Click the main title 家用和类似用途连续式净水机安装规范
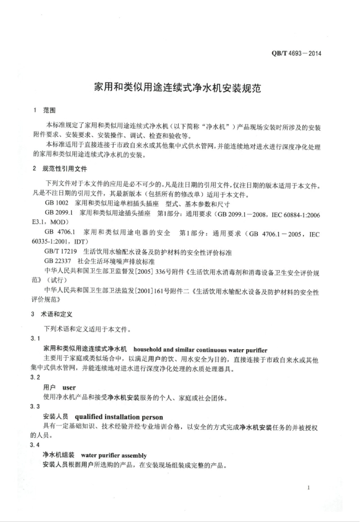[x=177, y=87]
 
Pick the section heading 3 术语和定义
[x=53, y=314]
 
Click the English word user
[x=69, y=387]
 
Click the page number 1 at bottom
[x=310, y=488]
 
